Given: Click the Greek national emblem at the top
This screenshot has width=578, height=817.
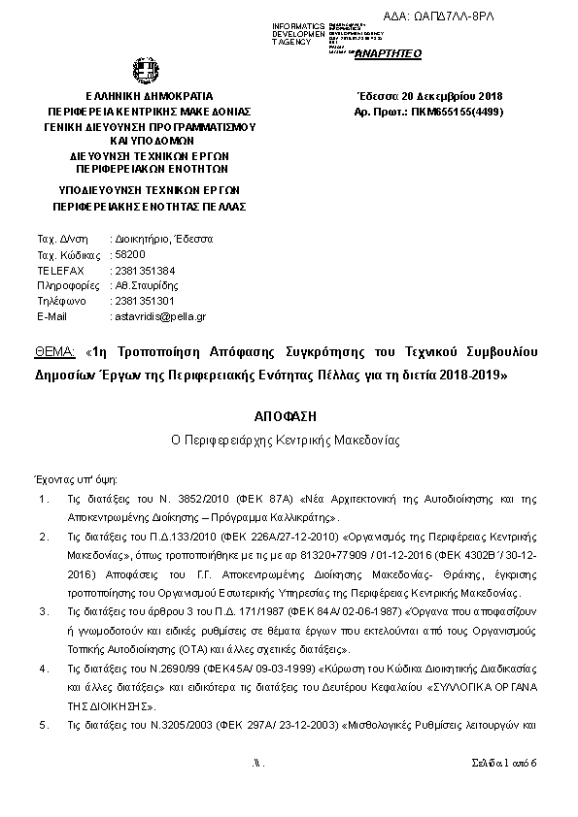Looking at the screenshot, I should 141,71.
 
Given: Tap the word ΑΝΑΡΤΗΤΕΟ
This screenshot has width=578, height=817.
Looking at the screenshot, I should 388,53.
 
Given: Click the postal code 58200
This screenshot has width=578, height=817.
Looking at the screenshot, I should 129,254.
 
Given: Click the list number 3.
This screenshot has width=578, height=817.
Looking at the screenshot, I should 42,612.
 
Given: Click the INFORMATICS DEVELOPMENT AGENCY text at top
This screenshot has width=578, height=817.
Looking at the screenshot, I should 299,33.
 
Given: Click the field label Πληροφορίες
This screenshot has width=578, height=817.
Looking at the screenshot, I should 68,285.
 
